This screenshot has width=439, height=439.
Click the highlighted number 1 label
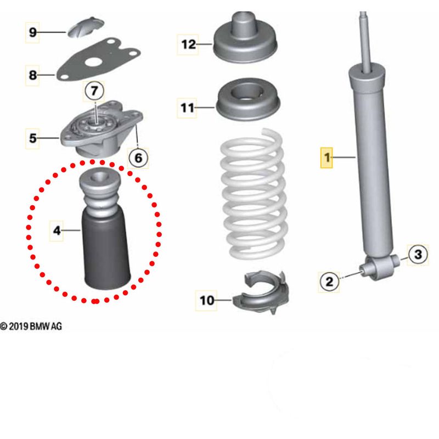(328, 159)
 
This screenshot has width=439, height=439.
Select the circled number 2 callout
(329, 282)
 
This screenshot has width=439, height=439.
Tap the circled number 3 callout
(418, 254)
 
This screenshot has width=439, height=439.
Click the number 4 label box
(57, 230)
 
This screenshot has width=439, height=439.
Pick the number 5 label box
(33, 138)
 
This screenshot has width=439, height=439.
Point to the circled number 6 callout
(138, 158)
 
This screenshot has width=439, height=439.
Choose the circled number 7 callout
(93, 89)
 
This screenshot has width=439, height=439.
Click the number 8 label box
(33, 75)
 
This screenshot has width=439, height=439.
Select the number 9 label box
(33, 33)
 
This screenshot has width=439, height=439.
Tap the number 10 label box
(207, 300)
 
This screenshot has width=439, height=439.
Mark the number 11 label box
(188, 108)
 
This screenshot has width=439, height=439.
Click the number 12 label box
(188, 44)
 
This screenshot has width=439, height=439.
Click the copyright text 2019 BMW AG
(31, 327)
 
